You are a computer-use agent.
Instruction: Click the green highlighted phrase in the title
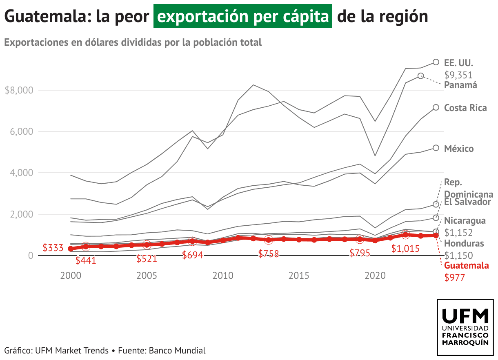[x=243, y=17]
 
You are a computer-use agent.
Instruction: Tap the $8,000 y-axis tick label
[x=19, y=90]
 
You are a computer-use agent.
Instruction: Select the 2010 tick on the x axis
[x=222, y=276]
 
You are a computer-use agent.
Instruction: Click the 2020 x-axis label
[x=375, y=276]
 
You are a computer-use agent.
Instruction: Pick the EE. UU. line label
[x=458, y=63]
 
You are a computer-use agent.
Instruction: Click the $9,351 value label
[x=458, y=75]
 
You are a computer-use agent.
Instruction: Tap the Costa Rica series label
[x=465, y=108]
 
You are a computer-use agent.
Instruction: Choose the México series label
[x=459, y=149]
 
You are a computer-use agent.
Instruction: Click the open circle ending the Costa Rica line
[x=436, y=107]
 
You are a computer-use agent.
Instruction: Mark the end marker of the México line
[x=436, y=148]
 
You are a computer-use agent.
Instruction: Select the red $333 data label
[x=53, y=248]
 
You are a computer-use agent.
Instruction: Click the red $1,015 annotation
[x=405, y=248]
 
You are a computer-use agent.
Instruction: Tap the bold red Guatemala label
[x=466, y=266]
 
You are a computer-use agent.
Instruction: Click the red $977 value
[x=455, y=278]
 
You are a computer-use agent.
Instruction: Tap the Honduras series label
[x=464, y=244]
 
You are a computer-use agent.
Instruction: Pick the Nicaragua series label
[x=465, y=221]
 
